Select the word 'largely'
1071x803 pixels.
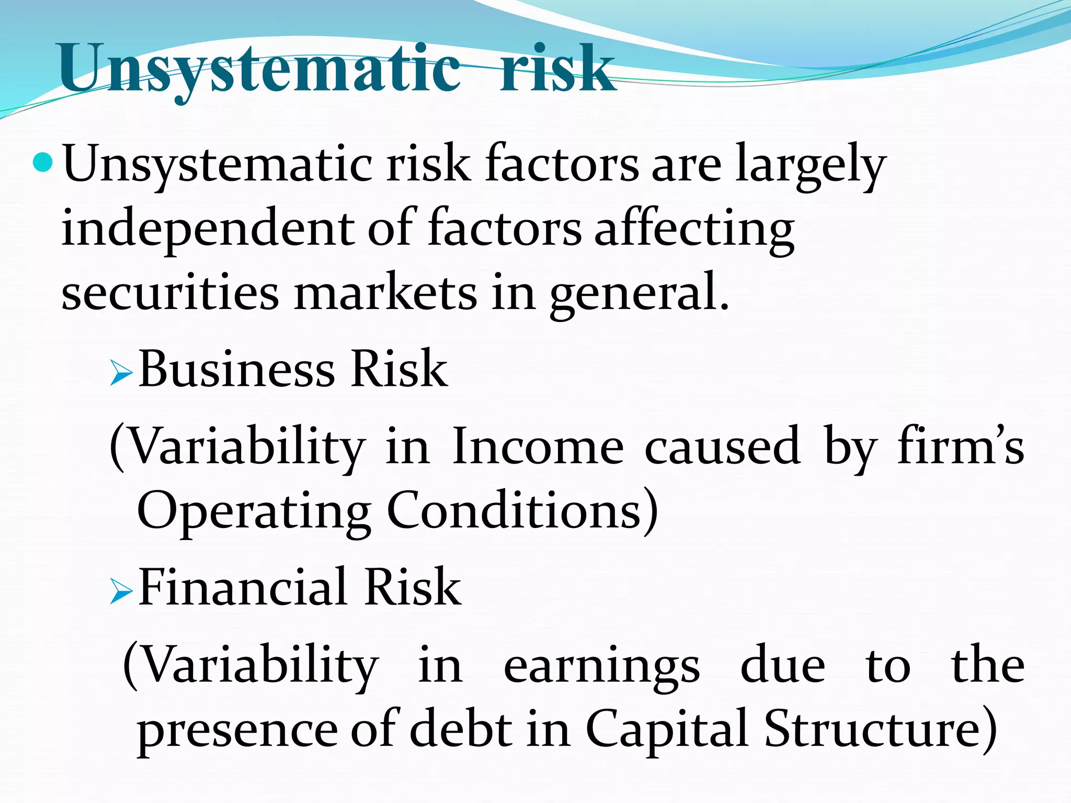coord(810,165)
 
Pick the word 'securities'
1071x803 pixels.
coord(170,293)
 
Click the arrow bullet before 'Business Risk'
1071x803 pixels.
coord(121,375)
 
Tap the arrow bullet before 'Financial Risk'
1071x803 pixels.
coord(121,593)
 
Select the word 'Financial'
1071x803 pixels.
coord(243,588)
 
